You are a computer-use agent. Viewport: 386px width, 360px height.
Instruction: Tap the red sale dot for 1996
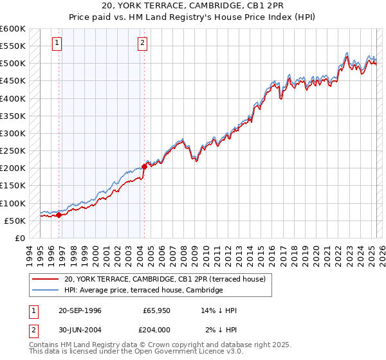(59, 215)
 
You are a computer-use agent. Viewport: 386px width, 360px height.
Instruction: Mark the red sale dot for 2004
(144, 166)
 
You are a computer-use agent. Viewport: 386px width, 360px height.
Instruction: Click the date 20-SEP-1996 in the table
(80, 310)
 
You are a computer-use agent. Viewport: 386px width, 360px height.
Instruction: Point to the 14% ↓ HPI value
(219, 310)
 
